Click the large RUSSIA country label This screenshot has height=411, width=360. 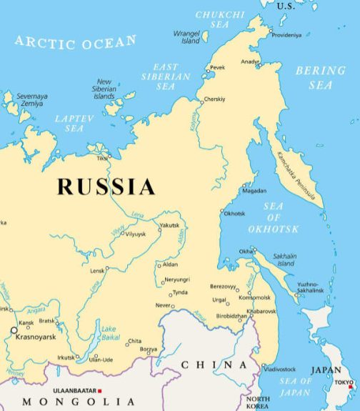[x=106, y=187]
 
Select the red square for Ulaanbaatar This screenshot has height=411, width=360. [x=100, y=390]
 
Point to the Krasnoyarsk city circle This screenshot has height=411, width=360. [x=14, y=330]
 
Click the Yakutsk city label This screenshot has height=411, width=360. [x=170, y=226]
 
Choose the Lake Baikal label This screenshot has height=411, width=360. [x=109, y=333]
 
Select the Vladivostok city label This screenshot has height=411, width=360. [x=279, y=369]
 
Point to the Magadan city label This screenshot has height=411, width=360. [x=255, y=191]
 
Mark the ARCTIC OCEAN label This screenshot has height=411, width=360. [x=75, y=43]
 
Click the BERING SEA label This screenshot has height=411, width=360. [x=321, y=78]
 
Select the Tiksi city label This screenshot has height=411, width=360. [x=102, y=158]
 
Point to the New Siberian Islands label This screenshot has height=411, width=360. [x=105, y=89]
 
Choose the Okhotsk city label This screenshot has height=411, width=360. [x=234, y=213]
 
